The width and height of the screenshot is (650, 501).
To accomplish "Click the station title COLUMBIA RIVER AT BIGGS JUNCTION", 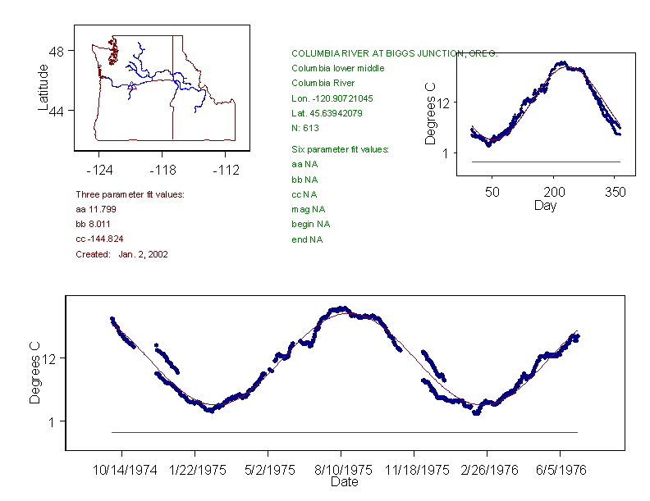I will pos(394,53).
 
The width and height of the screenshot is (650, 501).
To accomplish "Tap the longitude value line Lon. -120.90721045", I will pos(332,98).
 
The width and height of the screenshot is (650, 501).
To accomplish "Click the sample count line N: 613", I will pos(305,128).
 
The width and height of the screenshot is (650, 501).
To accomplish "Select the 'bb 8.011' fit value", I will pos(93,224).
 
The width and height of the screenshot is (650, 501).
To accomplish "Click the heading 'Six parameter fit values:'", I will pos(340,149).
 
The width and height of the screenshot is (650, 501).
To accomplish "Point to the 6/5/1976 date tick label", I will pos(560,471).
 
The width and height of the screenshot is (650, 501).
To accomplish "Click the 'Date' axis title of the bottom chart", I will pos(344,483).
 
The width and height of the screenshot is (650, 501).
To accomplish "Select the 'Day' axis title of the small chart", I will pos(545,206).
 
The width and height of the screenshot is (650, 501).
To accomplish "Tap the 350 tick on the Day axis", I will pos(616,192).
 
